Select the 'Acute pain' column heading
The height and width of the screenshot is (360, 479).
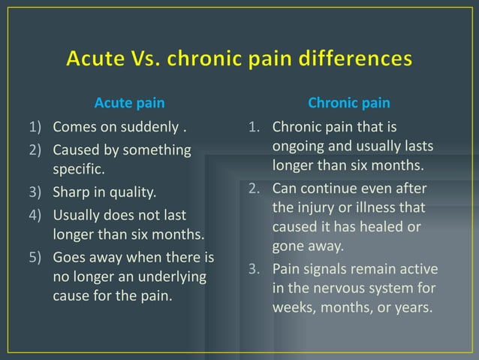(x=129, y=102)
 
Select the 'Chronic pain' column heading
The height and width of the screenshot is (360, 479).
(x=349, y=102)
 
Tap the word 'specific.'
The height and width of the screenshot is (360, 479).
(x=77, y=169)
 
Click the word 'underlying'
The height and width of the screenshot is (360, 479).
(x=173, y=277)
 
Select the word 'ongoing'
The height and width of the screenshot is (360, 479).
(x=298, y=146)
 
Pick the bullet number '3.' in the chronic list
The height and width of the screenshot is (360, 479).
(x=255, y=269)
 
